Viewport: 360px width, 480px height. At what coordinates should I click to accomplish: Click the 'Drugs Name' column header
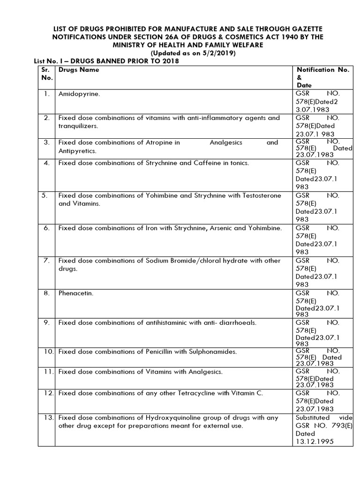tap(79, 70)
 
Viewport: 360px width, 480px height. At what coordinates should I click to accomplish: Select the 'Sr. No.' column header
tap(45, 74)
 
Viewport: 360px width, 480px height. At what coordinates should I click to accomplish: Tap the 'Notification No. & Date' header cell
tap(322, 77)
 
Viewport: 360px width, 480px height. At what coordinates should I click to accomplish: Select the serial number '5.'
tap(45, 195)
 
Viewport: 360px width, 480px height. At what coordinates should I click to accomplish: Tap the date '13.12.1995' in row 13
tap(315, 442)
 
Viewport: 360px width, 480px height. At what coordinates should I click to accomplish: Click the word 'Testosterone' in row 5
tap(261, 195)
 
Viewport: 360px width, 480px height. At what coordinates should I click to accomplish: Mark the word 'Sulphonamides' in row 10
tap(213, 351)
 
